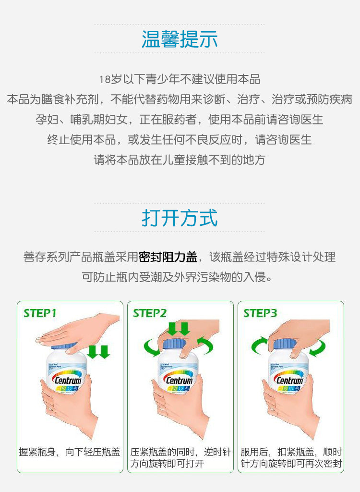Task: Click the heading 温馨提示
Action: click(180, 39)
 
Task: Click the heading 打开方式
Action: click(180, 218)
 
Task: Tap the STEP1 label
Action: click(40, 313)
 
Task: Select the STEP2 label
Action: click(150, 313)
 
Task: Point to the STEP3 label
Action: click(260, 313)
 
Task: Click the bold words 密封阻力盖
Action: click(168, 257)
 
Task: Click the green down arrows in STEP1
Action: click(98, 352)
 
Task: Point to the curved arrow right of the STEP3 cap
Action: click(317, 347)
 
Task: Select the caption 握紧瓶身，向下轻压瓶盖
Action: click(69, 452)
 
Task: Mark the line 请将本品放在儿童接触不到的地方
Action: click(180, 160)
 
